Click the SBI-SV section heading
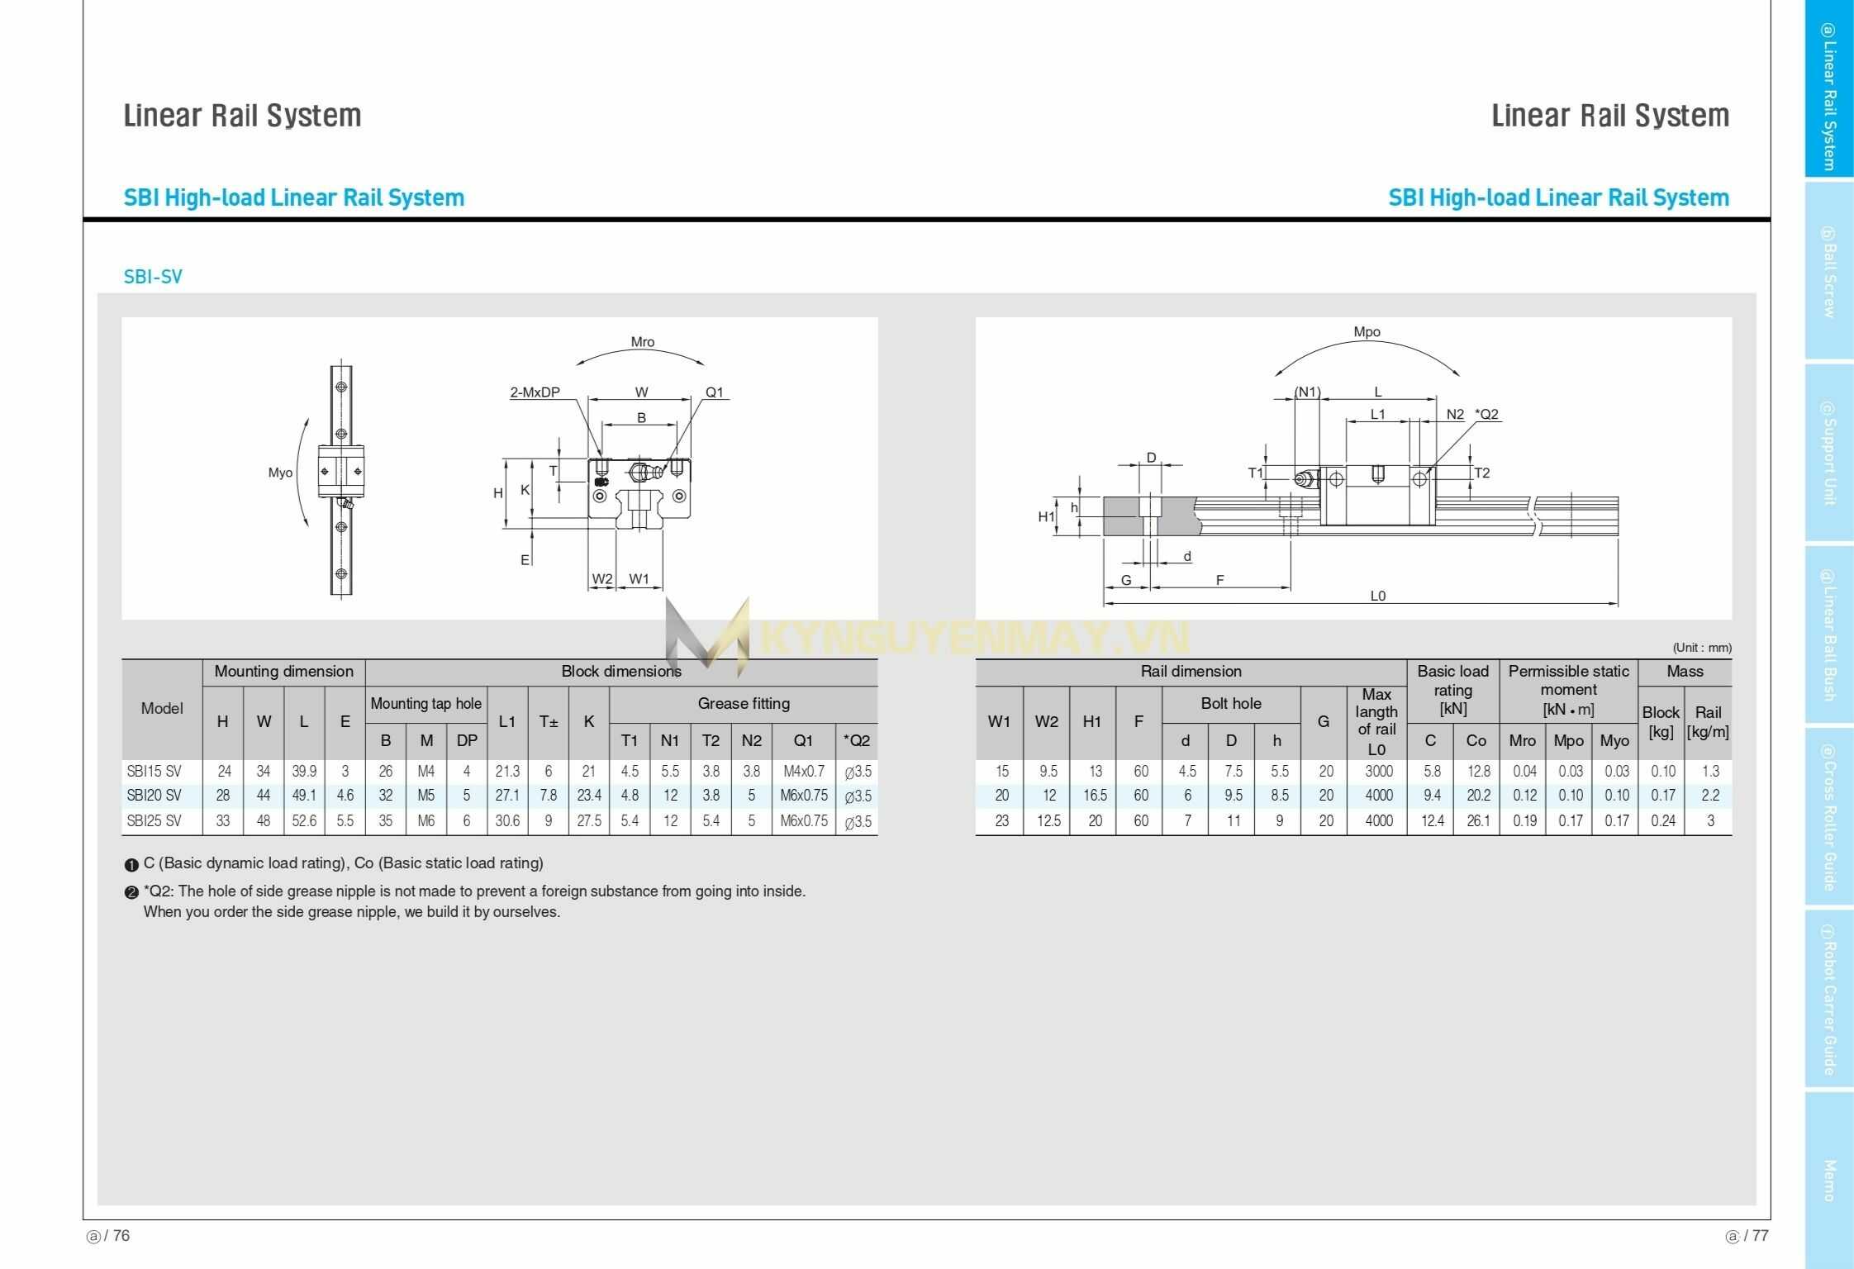pos(153,277)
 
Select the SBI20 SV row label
pos(154,796)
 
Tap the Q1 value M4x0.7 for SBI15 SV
pos(803,771)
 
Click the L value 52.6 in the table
pos(304,820)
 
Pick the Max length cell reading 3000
pos(1378,771)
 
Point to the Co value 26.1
pos(1477,820)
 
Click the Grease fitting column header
pos(744,704)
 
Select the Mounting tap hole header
pos(425,704)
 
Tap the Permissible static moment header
pos(1568,690)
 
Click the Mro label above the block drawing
pos(642,342)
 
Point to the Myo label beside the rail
pos(280,473)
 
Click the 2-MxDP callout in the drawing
pos(535,392)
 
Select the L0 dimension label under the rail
pos(1377,596)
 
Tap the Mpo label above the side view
pos(1367,332)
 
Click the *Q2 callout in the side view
pos(1486,415)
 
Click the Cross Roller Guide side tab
pos(1828,817)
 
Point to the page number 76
pos(121,1236)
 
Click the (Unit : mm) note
pos(1702,648)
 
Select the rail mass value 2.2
pos(1709,796)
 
